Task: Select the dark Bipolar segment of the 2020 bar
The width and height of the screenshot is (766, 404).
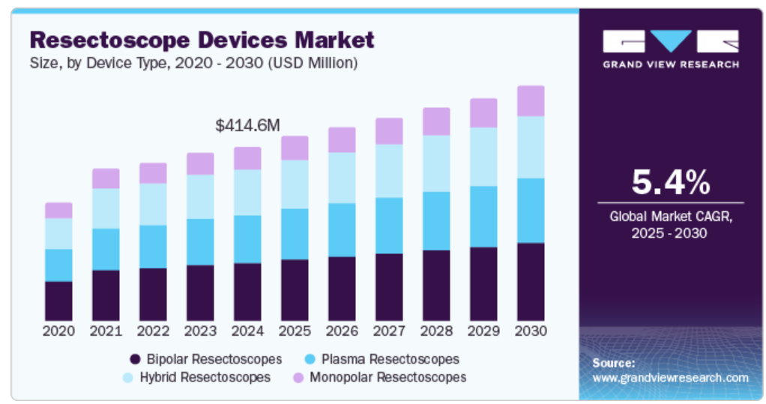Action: (x=58, y=301)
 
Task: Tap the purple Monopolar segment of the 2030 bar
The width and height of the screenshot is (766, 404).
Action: (x=531, y=101)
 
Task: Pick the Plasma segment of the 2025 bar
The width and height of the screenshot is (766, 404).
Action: (x=295, y=234)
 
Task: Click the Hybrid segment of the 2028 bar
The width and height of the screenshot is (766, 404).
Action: (x=436, y=163)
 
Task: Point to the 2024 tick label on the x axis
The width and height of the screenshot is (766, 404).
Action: (x=247, y=331)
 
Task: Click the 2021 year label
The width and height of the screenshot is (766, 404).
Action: (x=106, y=331)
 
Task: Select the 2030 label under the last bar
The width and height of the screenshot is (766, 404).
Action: (x=531, y=331)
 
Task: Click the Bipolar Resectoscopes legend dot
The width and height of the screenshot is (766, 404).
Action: (x=136, y=359)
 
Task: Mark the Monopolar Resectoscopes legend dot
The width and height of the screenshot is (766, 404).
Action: (x=298, y=377)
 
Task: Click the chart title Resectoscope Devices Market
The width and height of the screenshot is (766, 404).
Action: (x=202, y=39)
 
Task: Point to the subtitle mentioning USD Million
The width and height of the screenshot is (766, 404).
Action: (x=193, y=64)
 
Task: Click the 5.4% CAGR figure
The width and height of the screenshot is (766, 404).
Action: (x=670, y=182)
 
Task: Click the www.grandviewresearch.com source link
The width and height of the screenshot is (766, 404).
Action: (x=670, y=378)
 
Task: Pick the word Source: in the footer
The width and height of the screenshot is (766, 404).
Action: (x=613, y=363)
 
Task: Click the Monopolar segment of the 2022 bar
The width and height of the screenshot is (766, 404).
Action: (x=153, y=173)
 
